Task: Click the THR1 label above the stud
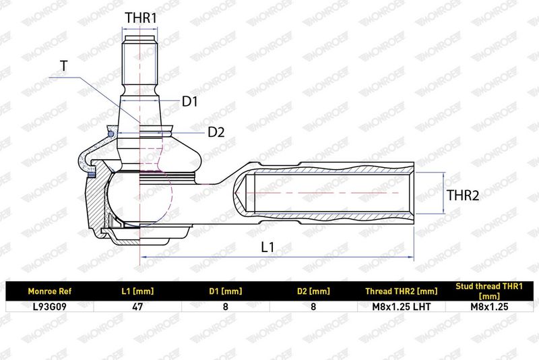[141, 18]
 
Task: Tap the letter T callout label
[64, 65]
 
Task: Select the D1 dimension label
[190, 101]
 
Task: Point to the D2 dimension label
[216, 132]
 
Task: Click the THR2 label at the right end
[463, 196]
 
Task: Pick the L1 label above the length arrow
[267, 247]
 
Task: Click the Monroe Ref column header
[49, 292]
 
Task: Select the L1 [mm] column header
[137, 292]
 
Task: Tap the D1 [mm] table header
[226, 292]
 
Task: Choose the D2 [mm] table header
[313, 292]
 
